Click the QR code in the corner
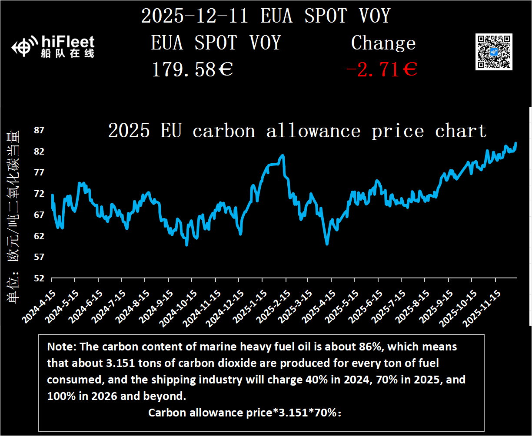[x=494, y=51]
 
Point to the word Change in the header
[x=383, y=43]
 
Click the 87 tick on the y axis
[x=39, y=130]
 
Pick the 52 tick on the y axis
[x=39, y=278]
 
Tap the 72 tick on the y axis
[x=39, y=194]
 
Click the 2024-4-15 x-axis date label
[x=37, y=307]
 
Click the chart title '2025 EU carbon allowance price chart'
[x=297, y=131]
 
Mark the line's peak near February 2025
[x=283, y=155]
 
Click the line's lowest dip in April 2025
[x=327, y=244]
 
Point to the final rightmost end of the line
[x=516, y=143]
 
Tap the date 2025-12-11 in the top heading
[x=195, y=17]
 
